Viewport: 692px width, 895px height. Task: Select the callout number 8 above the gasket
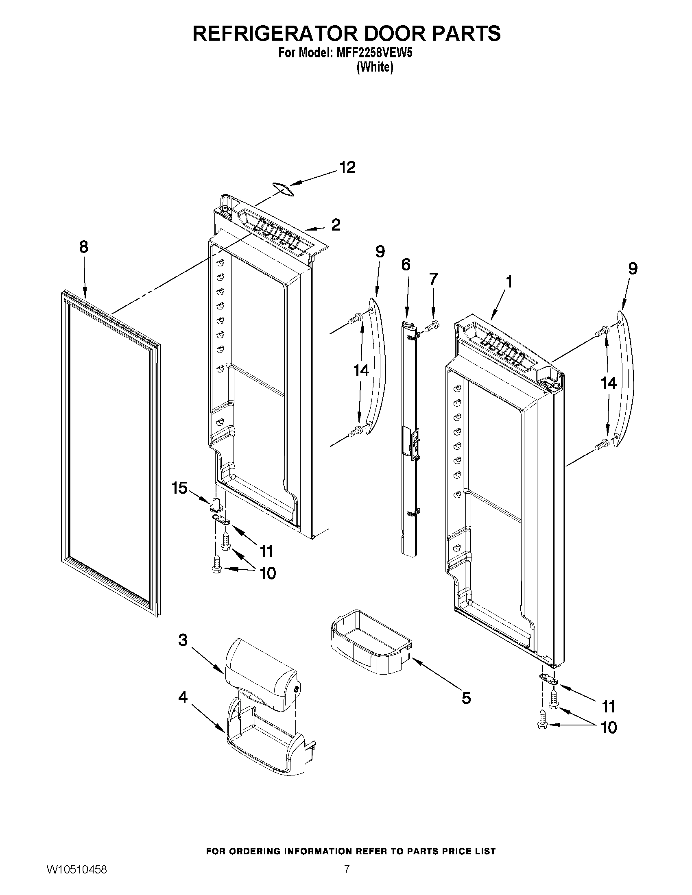click(x=84, y=248)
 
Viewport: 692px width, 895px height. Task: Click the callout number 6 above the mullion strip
click(x=406, y=265)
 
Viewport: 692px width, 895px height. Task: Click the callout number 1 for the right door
click(x=509, y=282)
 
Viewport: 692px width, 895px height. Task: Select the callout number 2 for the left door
click(x=336, y=225)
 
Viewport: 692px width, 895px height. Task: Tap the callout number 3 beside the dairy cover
click(x=183, y=640)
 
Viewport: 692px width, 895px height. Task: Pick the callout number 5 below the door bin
click(x=466, y=698)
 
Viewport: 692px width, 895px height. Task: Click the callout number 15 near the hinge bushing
click(x=179, y=488)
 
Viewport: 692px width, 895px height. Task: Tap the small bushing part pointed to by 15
click(x=216, y=505)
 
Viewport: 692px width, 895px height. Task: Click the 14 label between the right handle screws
click(x=608, y=383)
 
